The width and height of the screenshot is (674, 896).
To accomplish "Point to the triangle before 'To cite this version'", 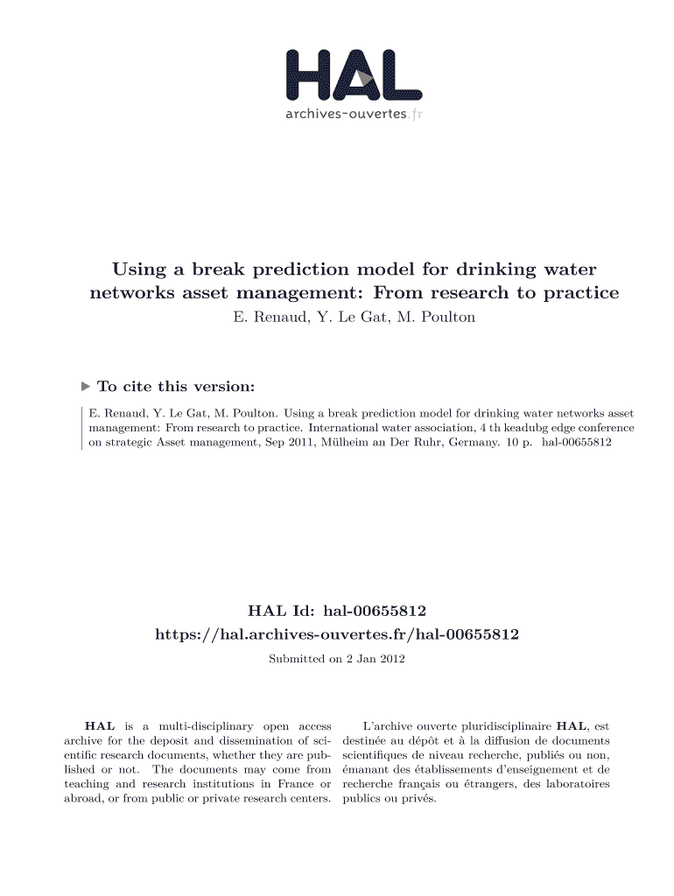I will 85,386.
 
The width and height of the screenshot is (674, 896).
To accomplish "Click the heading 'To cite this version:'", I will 177,386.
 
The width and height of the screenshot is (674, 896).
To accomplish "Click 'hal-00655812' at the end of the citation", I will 577,444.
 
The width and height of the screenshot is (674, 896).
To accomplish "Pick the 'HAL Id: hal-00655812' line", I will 337,609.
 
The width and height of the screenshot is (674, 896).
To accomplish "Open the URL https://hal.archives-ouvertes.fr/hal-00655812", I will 337,633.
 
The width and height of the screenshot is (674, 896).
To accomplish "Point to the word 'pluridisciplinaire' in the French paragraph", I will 502,726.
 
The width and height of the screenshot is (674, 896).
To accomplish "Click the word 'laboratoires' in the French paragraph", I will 576,784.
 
